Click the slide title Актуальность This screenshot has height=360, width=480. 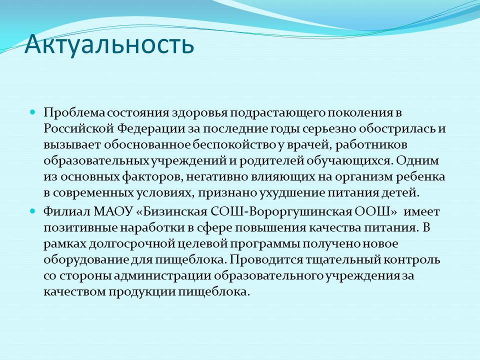coord(109,44)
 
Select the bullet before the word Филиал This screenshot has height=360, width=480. coord(33,211)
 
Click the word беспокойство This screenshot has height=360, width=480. coord(234,145)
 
